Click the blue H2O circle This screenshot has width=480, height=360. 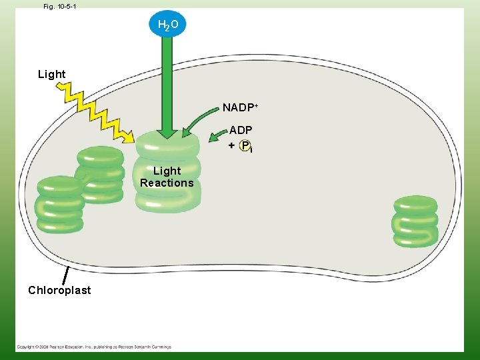point(168,25)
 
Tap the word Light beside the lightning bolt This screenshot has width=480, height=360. point(52,74)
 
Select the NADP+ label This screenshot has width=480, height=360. point(240,107)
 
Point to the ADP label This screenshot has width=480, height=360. point(241,131)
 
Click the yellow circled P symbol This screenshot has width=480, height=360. point(245,145)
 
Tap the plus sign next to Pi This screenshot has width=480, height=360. point(231,145)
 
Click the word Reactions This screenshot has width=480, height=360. point(167,183)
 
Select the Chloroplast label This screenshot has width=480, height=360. point(59,290)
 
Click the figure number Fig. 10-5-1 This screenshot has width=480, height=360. point(59,6)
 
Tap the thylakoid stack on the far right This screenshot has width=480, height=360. point(415,221)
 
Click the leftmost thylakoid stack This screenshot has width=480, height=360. point(59,205)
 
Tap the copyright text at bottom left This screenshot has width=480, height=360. point(93,347)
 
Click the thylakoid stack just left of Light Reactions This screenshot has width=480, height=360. point(101,175)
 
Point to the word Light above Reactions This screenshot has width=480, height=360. point(167,171)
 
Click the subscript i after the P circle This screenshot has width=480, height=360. point(251,151)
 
